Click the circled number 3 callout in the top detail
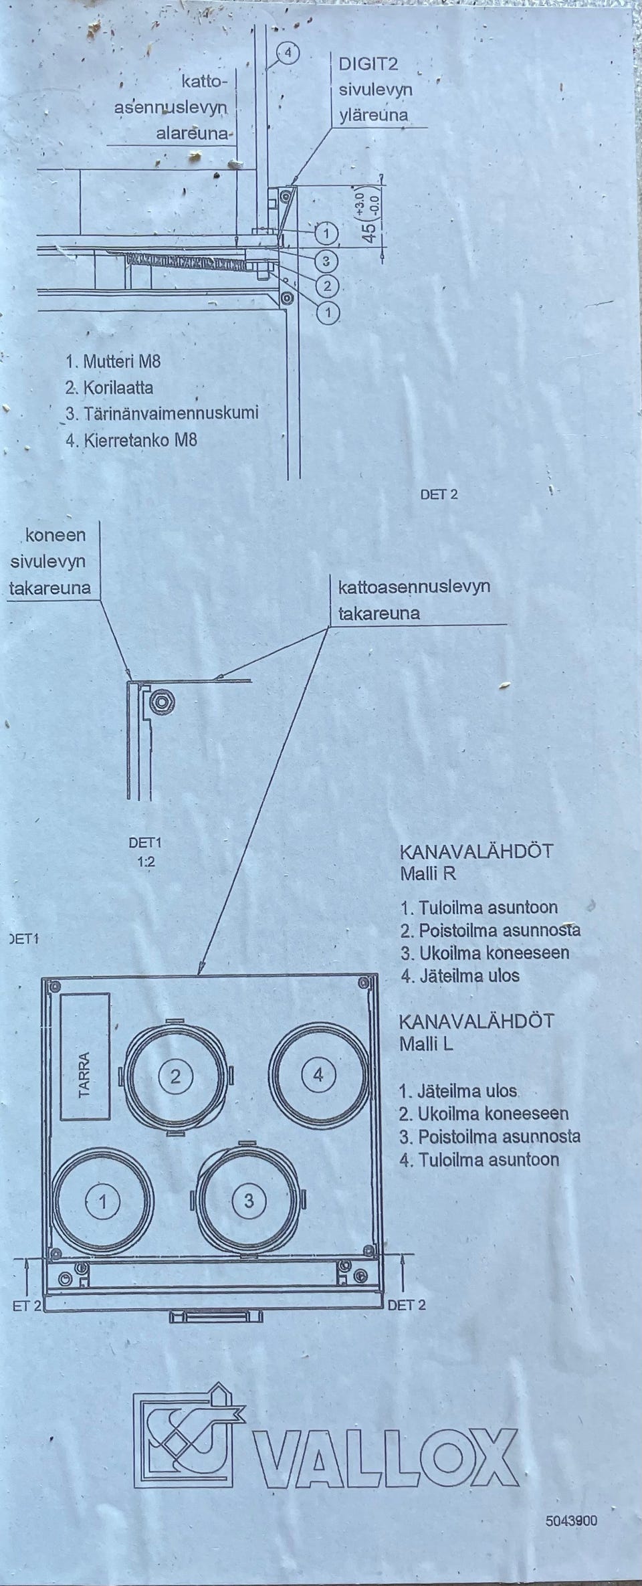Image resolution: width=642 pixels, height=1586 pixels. pos(326,260)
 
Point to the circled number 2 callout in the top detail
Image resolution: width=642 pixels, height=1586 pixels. pos(326,286)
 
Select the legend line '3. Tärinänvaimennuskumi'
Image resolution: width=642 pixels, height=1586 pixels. pos(161,413)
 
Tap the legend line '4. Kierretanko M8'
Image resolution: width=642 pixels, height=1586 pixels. pos(131,440)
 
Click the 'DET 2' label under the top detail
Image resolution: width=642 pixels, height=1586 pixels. pos(439,495)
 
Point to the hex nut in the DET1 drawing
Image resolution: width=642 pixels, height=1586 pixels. pos(160,702)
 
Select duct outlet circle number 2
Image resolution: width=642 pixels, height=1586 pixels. pos(176,1076)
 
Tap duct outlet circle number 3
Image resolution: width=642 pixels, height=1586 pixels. pos(249,1201)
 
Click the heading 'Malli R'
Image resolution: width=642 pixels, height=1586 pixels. pos(429,874)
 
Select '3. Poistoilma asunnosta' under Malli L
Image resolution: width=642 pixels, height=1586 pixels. pos(489,1136)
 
